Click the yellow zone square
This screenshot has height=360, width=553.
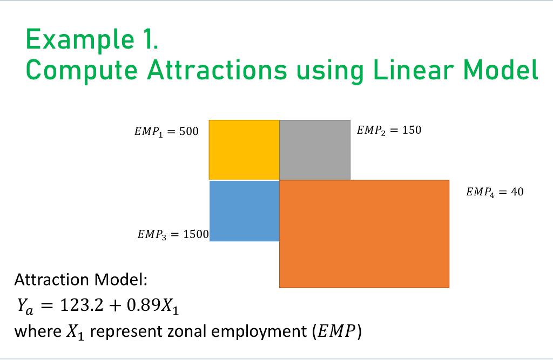[244, 150]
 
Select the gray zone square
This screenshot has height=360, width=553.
[315, 150]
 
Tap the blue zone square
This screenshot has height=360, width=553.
[244, 210]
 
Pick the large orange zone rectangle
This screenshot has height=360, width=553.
[364, 233]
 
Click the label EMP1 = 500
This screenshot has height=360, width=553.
[166, 131]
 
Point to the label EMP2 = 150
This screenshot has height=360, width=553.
[389, 130]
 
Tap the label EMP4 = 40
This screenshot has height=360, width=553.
[494, 192]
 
